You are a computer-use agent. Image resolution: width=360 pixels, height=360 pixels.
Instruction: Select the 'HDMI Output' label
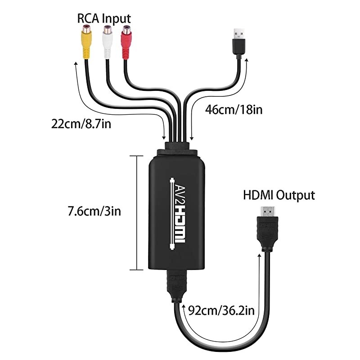coord(279,195)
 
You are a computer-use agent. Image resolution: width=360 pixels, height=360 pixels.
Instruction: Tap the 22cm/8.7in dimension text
coord(81,123)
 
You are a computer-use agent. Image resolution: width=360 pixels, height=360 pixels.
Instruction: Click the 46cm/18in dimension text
coord(234,109)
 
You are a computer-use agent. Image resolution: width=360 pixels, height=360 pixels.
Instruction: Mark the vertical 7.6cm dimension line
coord(135,212)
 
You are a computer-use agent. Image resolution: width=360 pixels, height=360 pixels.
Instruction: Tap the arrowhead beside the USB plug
coord(247,63)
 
